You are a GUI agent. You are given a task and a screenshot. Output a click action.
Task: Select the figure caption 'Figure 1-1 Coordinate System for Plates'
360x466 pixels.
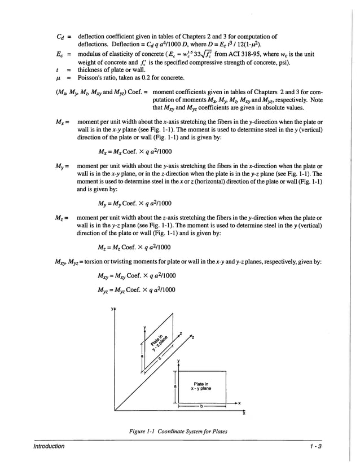click(178, 432)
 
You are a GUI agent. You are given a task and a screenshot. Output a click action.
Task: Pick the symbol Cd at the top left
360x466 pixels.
click(62, 37)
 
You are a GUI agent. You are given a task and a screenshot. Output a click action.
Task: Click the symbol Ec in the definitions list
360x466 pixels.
click(62, 55)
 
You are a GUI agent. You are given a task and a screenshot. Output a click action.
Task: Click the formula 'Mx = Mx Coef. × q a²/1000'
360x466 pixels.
click(135, 151)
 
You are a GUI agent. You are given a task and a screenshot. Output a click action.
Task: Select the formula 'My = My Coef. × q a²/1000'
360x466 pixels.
click(135, 203)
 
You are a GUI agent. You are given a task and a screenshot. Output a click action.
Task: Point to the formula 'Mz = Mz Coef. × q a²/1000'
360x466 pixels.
click(134, 247)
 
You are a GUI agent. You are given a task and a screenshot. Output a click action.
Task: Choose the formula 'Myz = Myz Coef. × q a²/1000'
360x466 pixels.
click(136, 290)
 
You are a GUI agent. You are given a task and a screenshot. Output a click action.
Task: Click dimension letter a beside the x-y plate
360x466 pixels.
click(175, 386)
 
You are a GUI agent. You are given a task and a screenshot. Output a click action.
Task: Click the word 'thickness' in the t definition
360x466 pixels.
click(91, 70)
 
